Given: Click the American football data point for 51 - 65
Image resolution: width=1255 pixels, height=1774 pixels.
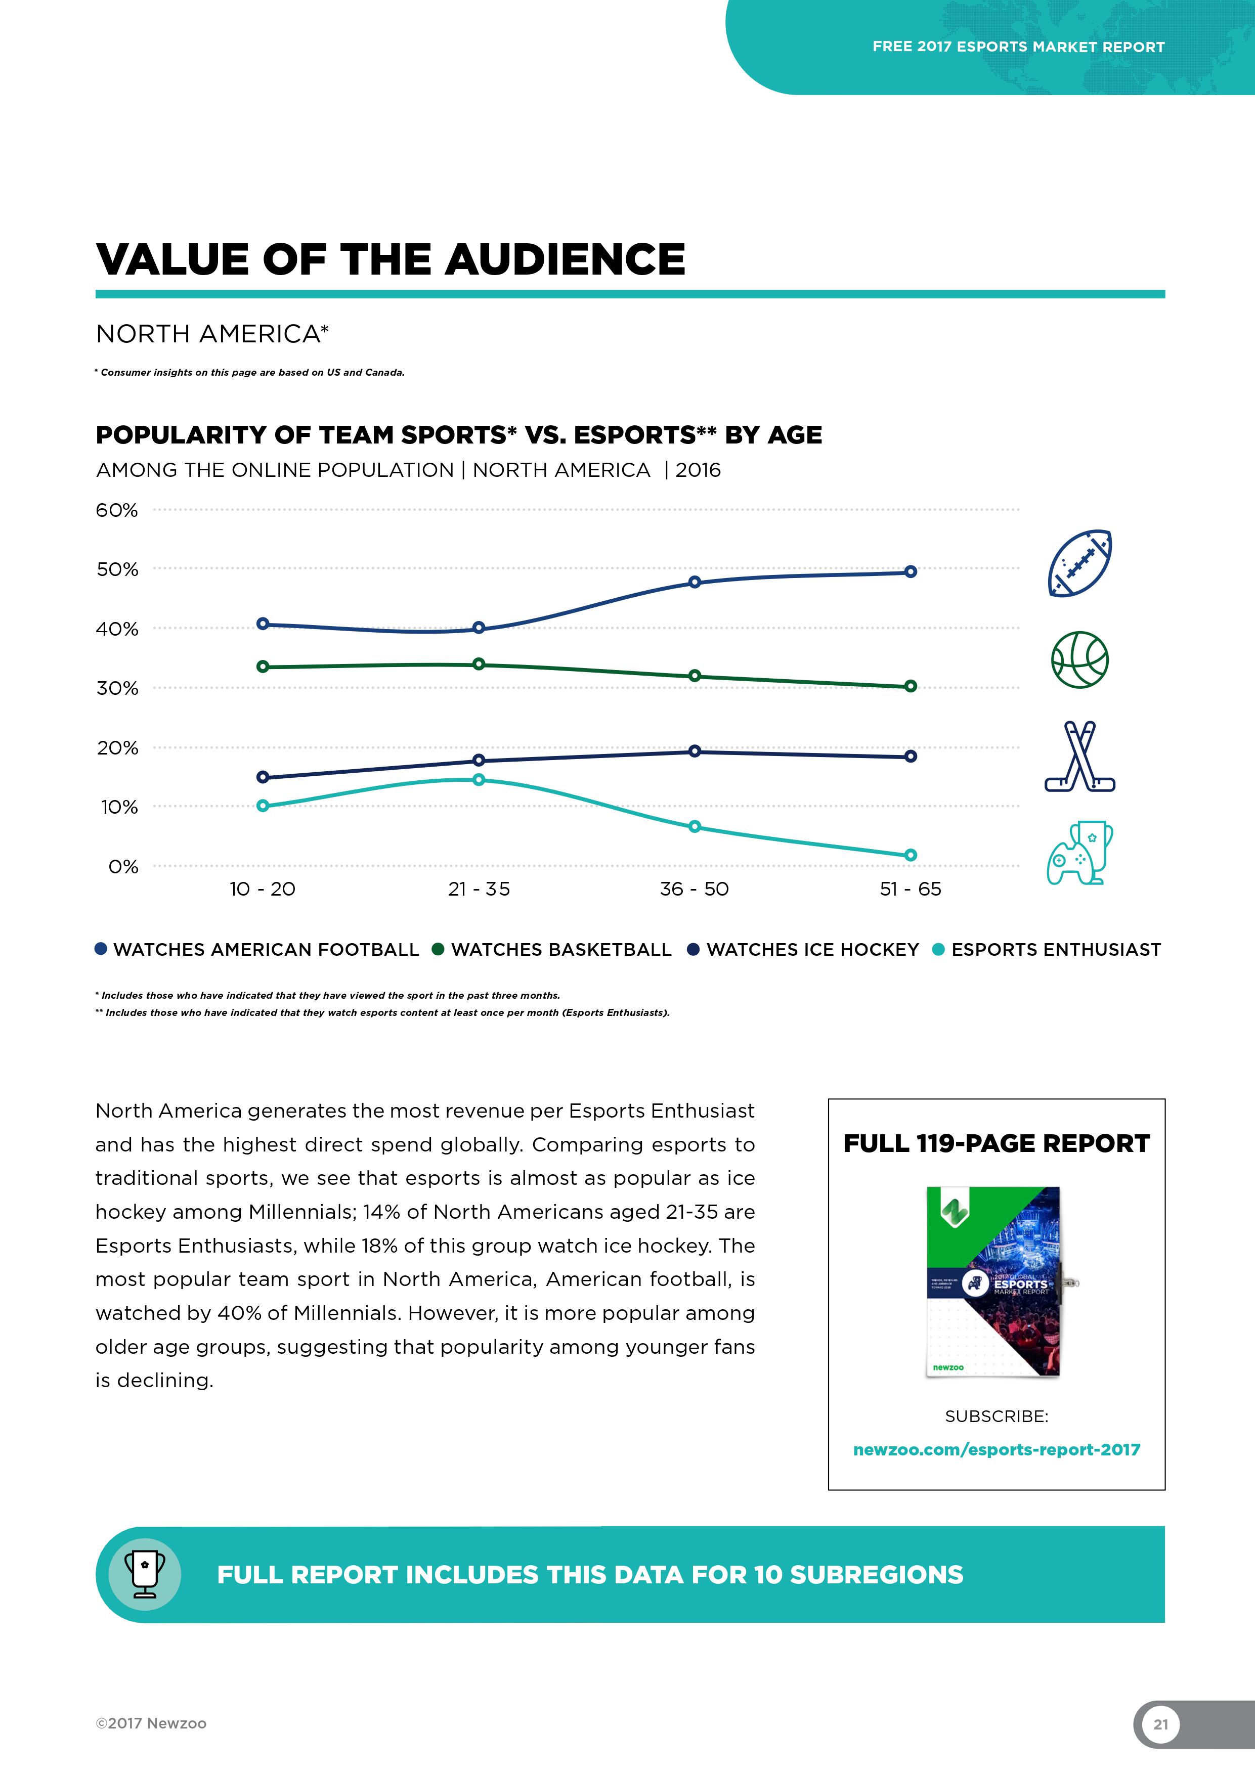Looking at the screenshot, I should coord(911,572).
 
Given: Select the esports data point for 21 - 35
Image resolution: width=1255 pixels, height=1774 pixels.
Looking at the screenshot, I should coord(479,780).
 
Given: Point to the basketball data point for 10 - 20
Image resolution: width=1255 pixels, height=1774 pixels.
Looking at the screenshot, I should coord(263,667).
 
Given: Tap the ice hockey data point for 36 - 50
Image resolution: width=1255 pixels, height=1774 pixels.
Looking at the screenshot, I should coord(695,751).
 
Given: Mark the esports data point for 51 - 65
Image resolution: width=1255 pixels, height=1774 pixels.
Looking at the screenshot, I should coord(911,855).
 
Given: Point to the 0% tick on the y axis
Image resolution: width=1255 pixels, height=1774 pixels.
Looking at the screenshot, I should coord(123,867).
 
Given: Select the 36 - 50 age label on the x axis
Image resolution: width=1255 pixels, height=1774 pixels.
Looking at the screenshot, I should coord(694,890).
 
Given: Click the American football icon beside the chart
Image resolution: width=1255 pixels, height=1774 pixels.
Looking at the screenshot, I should coord(1079,563).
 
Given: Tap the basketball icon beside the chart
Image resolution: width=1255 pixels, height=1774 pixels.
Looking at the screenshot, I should coord(1079,660).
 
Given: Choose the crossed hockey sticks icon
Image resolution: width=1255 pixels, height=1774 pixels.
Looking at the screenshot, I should coord(1079,757).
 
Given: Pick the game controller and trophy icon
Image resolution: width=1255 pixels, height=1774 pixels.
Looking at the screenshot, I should coord(1079,853).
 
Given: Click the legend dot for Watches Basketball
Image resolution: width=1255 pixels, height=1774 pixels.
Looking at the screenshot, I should coord(438,950).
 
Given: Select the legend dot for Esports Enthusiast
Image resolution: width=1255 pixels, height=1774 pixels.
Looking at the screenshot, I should coord(938,950).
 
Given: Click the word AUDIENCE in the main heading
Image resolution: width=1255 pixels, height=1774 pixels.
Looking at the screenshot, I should coord(565,259).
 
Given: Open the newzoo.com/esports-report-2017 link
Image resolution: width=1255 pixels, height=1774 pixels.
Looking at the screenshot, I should coord(996,1449).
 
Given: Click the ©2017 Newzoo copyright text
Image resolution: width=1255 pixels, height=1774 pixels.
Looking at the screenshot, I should coord(151,1723).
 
